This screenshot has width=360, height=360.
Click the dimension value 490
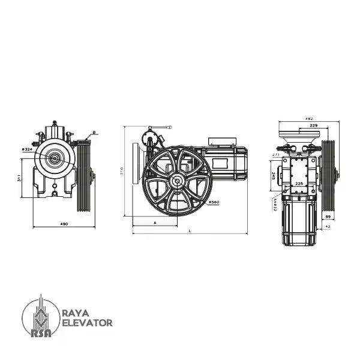pyautogui.click(x=64, y=224)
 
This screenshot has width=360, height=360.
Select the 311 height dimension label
pyautogui.click(x=19, y=178)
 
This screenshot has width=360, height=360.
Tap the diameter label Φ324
pyautogui.click(x=27, y=148)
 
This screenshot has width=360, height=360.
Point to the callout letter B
pyautogui.click(x=94, y=132)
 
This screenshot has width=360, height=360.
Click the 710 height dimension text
pyautogui.click(x=121, y=171)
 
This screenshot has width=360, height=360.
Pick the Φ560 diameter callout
pyautogui.click(x=214, y=203)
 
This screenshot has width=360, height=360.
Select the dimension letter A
pyautogui.click(x=155, y=223)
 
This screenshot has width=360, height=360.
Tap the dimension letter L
pyautogui.click(x=190, y=230)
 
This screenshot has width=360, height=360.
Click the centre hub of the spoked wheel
pyautogui.click(x=177, y=181)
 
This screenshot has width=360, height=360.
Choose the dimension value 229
pyautogui.click(x=313, y=126)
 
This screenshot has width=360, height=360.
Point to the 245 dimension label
pyautogui.click(x=273, y=176)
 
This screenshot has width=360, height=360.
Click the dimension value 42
pyautogui.click(x=328, y=227)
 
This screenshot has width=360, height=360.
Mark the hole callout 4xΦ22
pyautogui.click(x=275, y=205)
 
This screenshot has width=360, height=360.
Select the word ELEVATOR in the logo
pyautogui.click(x=87, y=323)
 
